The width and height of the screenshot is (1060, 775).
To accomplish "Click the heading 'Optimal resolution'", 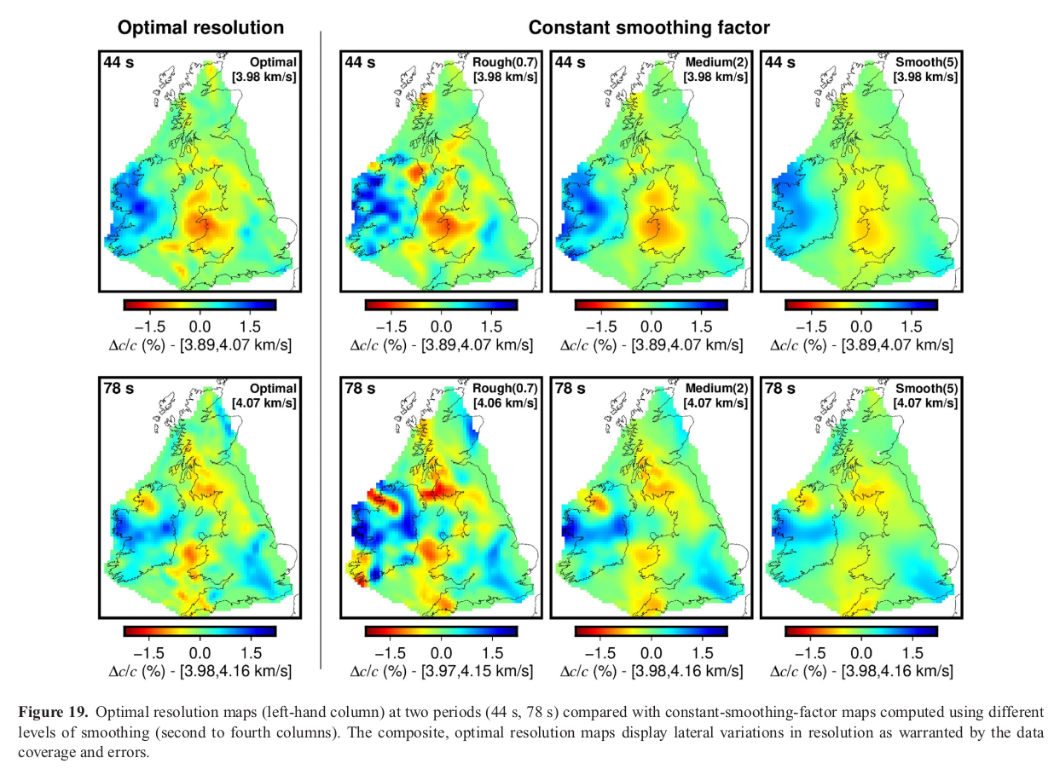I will tap(200, 28).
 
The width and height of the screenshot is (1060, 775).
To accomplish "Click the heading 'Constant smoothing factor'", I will tap(649, 28).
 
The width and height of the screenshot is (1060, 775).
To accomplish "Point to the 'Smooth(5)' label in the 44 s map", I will tap(927, 62).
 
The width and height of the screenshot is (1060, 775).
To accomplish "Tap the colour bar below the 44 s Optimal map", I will tap(200, 304).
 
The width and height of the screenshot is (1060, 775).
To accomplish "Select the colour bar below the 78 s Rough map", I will tap(441, 632).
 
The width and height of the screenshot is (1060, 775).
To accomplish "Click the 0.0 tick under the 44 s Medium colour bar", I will tap(651, 327).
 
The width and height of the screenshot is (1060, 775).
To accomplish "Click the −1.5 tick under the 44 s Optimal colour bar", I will tap(150, 327).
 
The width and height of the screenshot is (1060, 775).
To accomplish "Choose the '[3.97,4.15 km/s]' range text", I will tap(478, 671).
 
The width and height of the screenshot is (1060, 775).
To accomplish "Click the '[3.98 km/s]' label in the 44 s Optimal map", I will tap(264, 76).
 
